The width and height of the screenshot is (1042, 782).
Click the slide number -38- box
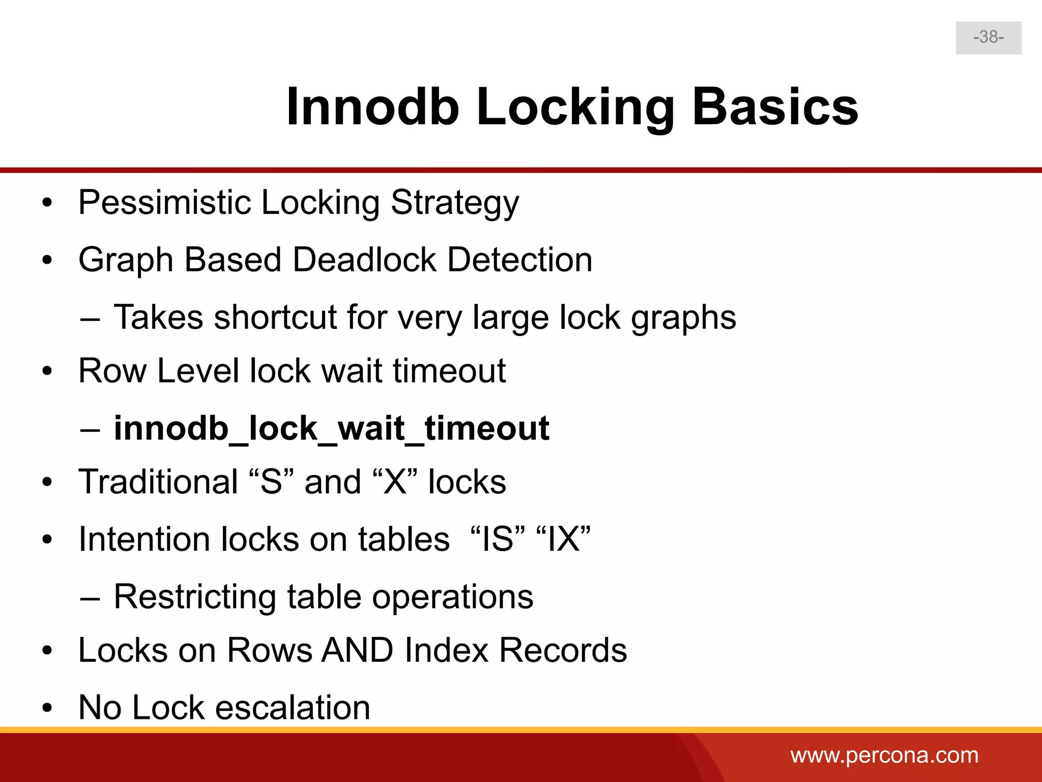pos(988,38)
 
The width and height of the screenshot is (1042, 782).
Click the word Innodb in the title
pos(372,107)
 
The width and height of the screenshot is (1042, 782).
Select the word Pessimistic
pos(164,203)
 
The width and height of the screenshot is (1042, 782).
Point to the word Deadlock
pos(364,260)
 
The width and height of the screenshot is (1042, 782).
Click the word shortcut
pos(275,318)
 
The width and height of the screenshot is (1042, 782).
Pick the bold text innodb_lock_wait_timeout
pos(331,428)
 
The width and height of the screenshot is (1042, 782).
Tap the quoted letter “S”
pos(271,482)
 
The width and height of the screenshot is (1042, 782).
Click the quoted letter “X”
pos(395,482)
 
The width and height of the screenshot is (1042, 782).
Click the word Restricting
pos(195,597)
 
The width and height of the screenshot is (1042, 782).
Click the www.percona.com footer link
pos(884,756)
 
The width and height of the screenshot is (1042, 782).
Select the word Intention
pos(144,539)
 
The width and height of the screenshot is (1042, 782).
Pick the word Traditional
pos(158,482)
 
